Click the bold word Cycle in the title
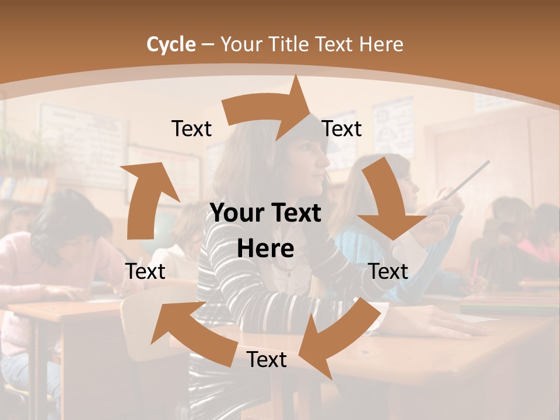pos(171,44)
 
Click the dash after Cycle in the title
pos(208,44)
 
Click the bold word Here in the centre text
pos(265,249)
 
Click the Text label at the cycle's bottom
pos(267,360)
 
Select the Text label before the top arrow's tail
pos(191,129)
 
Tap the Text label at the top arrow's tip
pos(342,129)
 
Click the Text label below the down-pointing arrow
pos(388,271)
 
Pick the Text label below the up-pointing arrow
pos(145,271)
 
